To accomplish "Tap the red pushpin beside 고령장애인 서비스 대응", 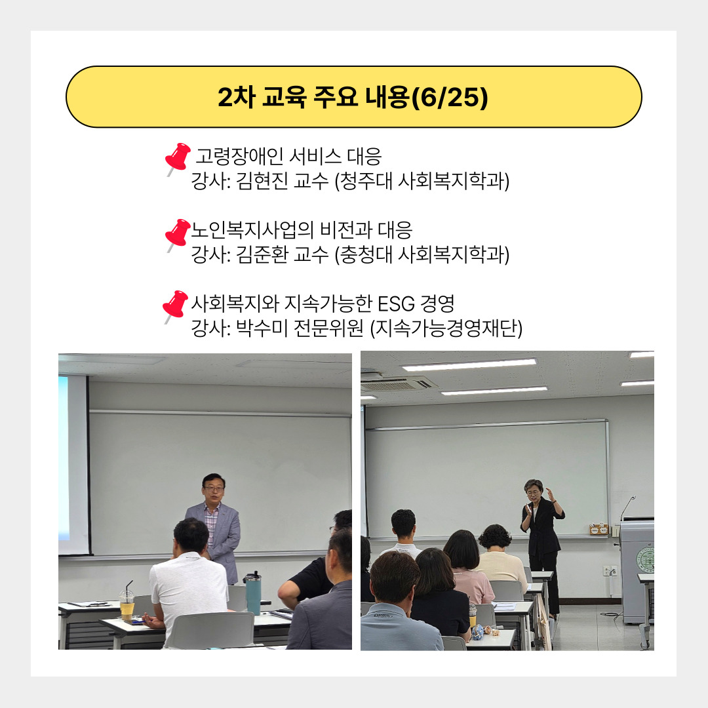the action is coord(178,159).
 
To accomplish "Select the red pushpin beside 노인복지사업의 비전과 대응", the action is coord(178,235).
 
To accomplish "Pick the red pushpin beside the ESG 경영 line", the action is coord(175,306).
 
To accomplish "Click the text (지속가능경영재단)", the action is coord(446,328).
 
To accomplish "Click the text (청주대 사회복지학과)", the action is coord(422,182).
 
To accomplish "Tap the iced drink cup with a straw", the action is coord(127,603).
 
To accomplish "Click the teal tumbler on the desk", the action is coord(252,593).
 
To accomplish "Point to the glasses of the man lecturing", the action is coord(213,488).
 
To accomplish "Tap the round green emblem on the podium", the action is coord(646,559).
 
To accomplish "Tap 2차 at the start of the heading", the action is coord(237,97).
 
